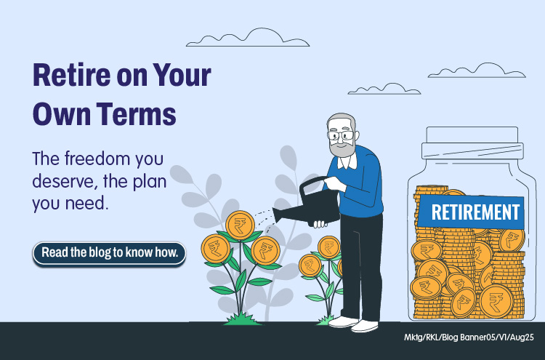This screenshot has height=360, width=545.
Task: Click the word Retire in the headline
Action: (71, 74)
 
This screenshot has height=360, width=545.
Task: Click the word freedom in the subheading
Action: (97, 159)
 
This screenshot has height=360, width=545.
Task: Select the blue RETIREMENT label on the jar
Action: (471, 212)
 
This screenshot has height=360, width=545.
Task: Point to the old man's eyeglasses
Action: (340, 135)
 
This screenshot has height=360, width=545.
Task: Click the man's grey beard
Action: (342, 148)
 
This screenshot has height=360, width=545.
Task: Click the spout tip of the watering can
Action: (275, 216)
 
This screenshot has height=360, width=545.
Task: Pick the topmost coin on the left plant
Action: (240, 225)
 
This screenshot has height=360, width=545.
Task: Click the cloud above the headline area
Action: (248, 38)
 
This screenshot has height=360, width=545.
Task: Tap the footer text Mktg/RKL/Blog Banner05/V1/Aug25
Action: (469, 337)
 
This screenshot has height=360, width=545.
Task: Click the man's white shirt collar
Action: (347, 161)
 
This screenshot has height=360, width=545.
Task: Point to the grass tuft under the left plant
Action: (242, 319)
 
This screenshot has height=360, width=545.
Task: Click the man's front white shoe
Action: (364, 326)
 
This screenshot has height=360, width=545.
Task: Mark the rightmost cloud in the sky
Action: (477, 71)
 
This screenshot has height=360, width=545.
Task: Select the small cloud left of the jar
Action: (384, 89)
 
